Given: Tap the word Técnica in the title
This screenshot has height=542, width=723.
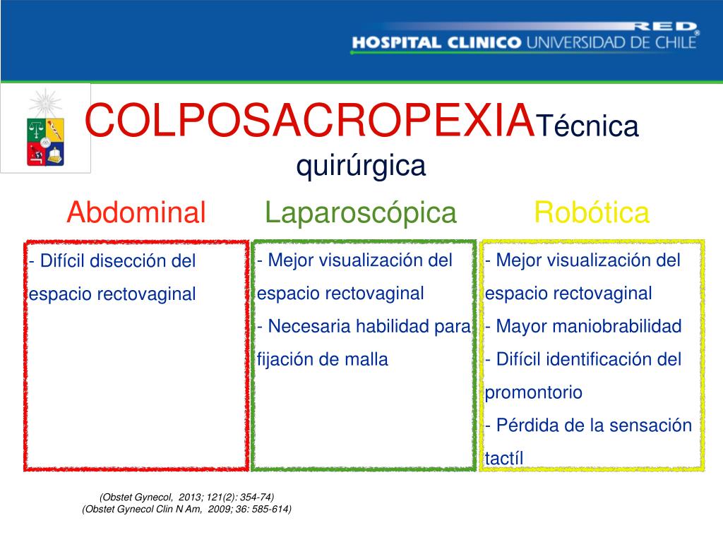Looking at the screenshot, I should (587, 127).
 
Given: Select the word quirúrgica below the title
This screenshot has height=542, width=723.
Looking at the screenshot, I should (361, 167).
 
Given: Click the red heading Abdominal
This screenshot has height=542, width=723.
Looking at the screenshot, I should (136, 212).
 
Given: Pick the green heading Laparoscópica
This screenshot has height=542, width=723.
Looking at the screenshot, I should (361, 212).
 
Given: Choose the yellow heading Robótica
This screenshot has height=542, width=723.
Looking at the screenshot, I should (591, 212).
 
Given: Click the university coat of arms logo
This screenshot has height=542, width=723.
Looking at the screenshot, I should (46, 128).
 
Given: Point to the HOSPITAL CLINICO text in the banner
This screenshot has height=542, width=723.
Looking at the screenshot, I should (436, 42).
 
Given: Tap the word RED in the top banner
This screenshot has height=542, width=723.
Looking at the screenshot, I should (663, 26).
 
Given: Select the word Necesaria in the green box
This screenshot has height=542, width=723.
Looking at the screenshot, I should (309, 327).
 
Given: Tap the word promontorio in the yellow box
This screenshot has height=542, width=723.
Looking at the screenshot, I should (534, 393).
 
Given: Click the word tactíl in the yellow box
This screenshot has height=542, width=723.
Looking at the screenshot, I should (505, 459).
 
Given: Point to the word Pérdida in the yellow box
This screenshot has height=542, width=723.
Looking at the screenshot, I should (523, 426).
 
